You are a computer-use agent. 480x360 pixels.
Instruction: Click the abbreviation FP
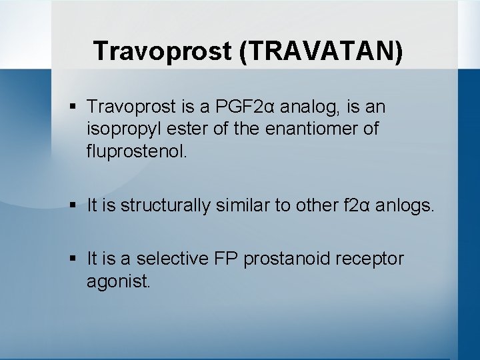[224, 259]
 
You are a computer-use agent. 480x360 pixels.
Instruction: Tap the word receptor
[371, 259]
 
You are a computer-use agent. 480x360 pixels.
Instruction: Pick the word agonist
[118, 281]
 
